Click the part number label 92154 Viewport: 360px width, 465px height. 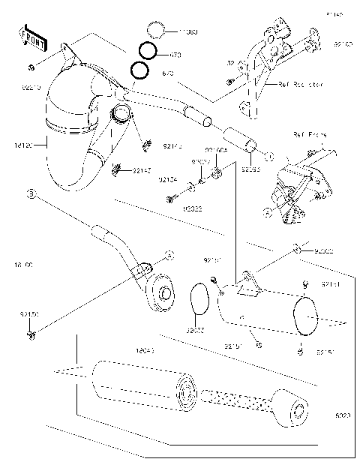coord(168,179)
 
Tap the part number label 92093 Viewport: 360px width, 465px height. coord(250,169)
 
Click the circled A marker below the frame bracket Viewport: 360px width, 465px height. coord(267,212)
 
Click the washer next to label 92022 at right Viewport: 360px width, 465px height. coord(298,248)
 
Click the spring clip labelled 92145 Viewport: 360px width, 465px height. coord(116,169)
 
